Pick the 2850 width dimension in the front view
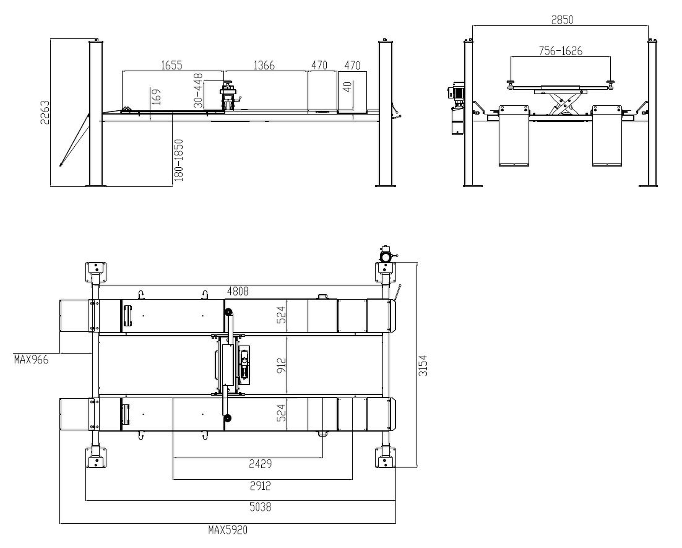point(562,20)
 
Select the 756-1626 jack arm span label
point(560,51)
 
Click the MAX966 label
point(31,360)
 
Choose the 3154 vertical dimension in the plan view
point(423,366)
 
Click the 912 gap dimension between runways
point(281,366)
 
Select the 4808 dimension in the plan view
point(238,291)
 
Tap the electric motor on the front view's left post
point(458,91)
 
